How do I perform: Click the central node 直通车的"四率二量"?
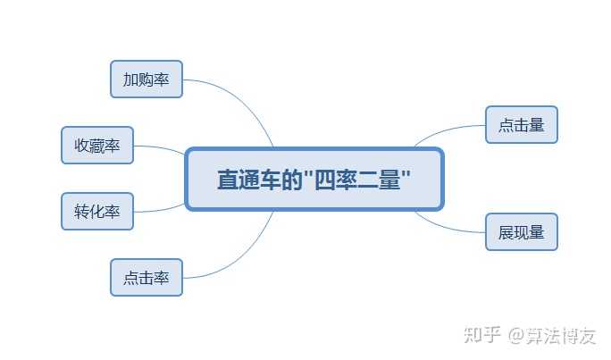coord(314,179)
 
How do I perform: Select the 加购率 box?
coord(146,80)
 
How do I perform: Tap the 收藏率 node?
coord(97,146)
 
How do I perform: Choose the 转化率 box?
coord(97,212)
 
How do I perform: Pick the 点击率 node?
coord(146,278)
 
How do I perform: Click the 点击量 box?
coord(521,125)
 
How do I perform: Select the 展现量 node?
coord(521,232)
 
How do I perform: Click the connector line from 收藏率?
coord(161,148)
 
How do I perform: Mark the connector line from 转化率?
coord(161,210)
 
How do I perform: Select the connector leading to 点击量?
coord(447,130)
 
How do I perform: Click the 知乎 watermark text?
coord(482,336)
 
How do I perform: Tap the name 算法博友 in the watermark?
coord(564,336)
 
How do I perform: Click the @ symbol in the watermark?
coord(518,337)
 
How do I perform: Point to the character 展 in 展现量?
coord(506,232)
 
